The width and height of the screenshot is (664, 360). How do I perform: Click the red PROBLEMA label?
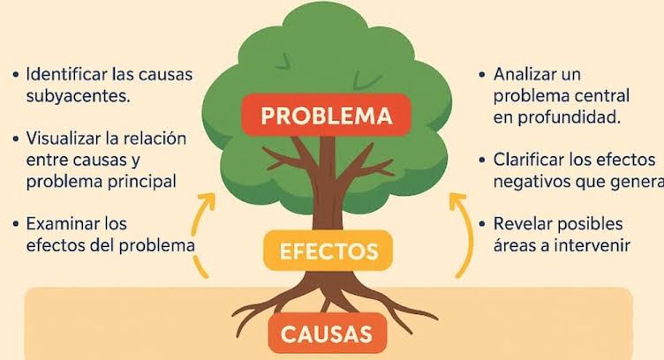[326, 115]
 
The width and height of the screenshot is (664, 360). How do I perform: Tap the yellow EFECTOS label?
[328, 251]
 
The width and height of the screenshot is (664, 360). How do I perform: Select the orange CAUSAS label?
[327, 334]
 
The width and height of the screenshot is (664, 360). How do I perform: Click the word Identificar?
[66, 74]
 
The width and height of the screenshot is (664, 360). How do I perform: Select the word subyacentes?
[79, 96]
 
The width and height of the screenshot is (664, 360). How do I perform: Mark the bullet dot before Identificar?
[16, 75]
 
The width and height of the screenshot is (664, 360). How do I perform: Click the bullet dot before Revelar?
[482, 224]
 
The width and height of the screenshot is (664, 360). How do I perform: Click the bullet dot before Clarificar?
[482, 161]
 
